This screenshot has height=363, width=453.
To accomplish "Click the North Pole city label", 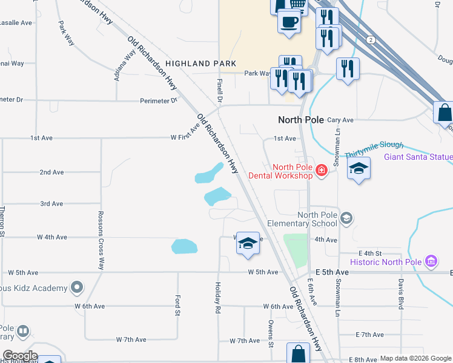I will [301, 120].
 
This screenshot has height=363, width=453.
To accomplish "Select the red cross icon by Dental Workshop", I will [320, 172].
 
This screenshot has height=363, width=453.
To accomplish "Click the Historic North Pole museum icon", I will [431, 261].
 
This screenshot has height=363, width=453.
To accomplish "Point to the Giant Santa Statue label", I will [418, 157].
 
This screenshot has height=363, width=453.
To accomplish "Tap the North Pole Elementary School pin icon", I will [346, 218].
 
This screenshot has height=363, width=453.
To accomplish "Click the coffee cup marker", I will [289, 22].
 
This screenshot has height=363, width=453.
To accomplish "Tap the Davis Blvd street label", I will [401, 293].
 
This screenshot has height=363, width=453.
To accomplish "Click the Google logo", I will [20, 356].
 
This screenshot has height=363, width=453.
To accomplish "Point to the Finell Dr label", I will [220, 89].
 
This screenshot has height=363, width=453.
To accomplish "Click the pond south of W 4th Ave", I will [184, 246].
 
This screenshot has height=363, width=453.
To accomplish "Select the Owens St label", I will [271, 336].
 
